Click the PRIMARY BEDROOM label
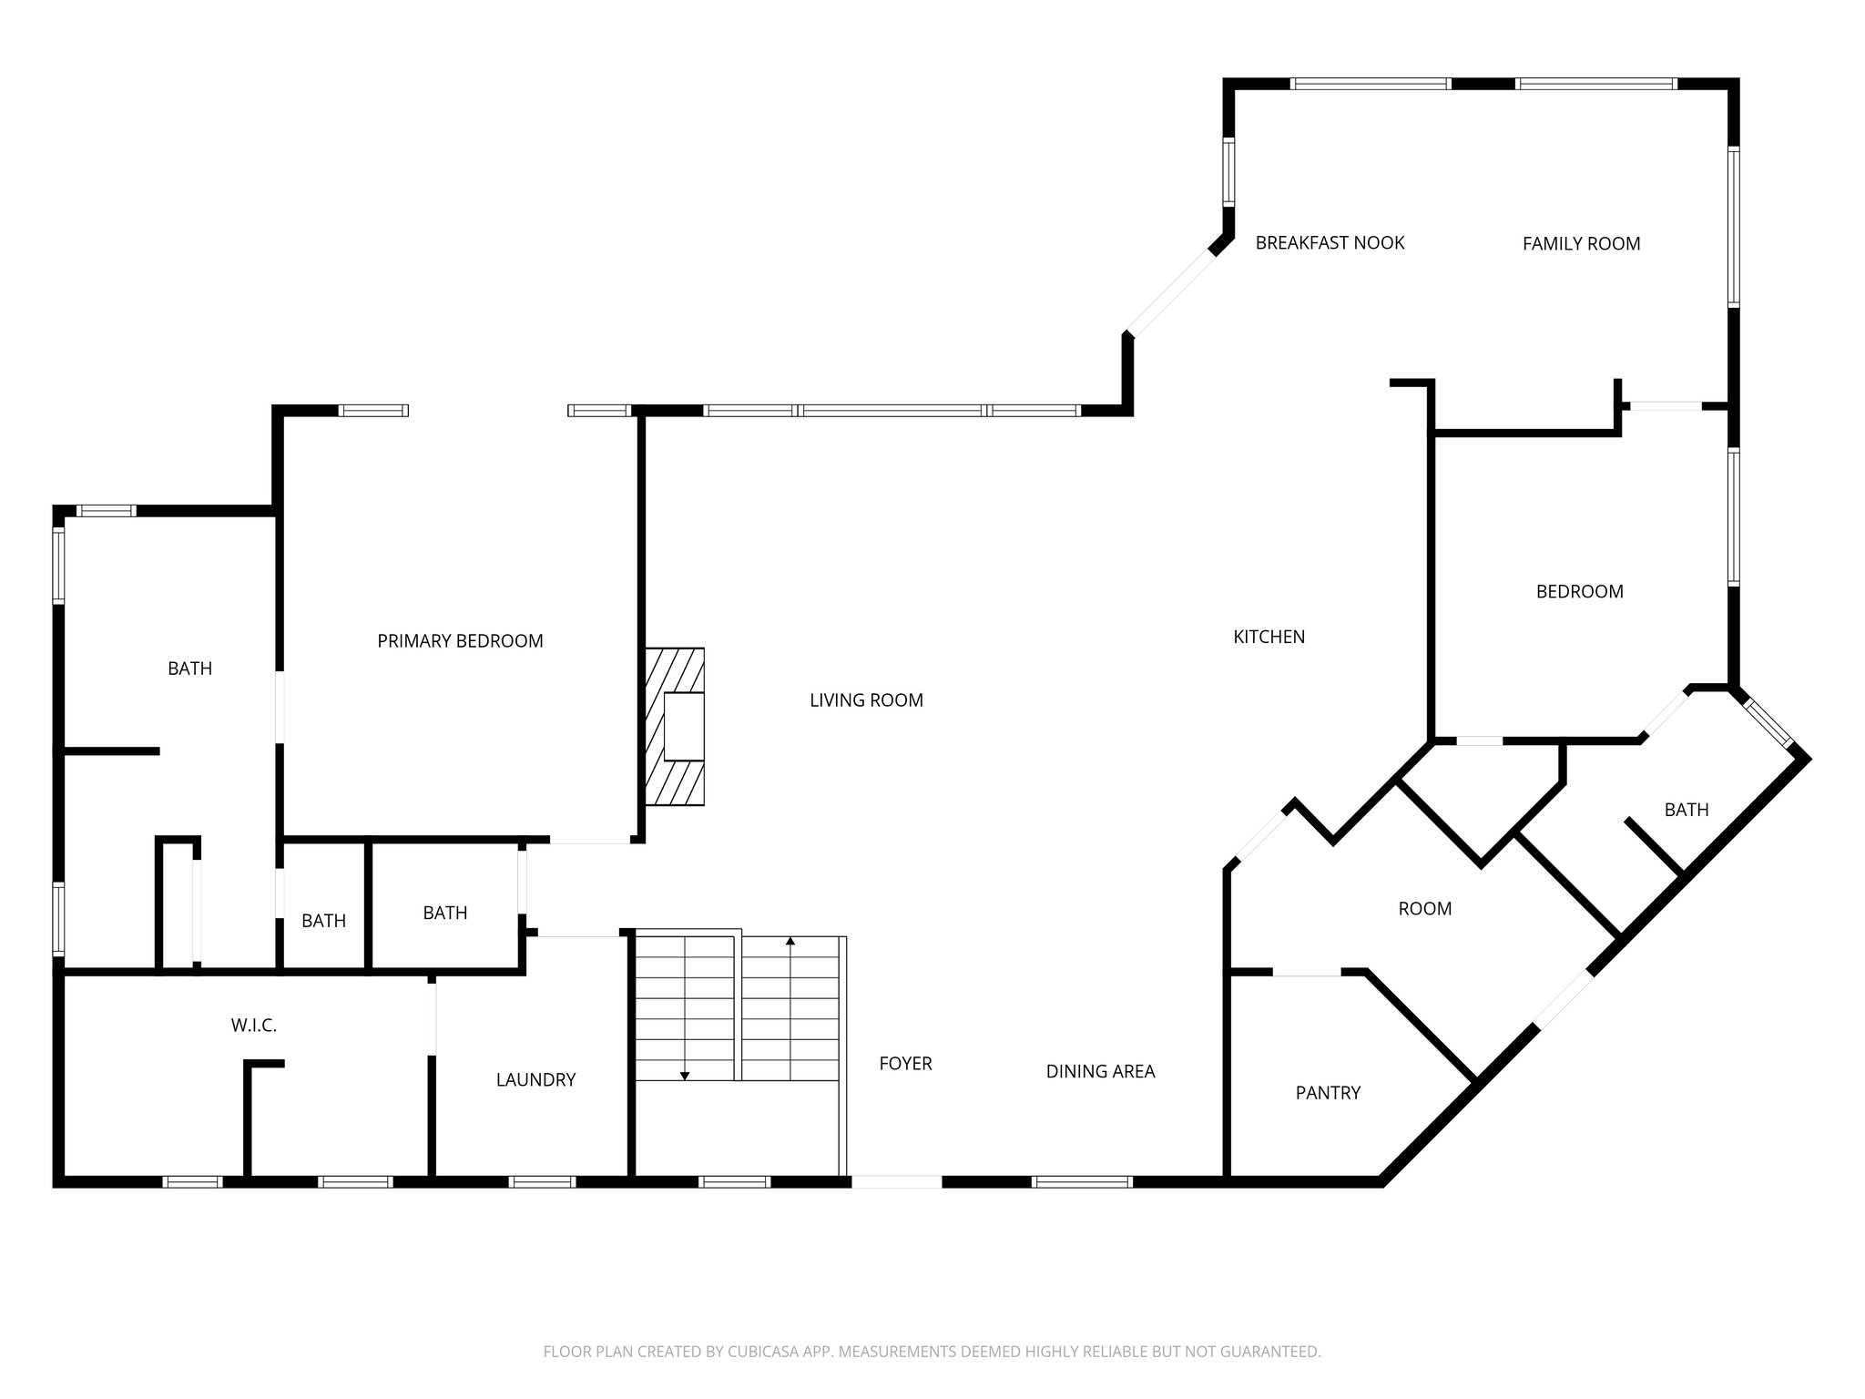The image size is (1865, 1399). [460, 641]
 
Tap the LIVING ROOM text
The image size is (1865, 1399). [866, 700]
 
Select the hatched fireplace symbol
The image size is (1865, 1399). [676, 726]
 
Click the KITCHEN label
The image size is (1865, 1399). [1269, 638]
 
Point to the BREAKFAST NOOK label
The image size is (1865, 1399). [1330, 243]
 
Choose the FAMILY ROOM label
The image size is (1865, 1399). [1581, 244]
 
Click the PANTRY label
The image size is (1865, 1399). [1328, 1093]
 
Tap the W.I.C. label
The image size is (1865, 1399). [253, 1026]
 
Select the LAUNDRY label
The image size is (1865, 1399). [535, 1080]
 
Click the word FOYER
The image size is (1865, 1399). [905, 1064]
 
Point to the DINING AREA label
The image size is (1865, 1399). [1100, 1072]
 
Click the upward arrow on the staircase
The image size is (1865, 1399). [790, 942]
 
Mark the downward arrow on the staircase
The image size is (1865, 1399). [685, 1075]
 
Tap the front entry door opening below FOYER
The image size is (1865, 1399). [896, 1182]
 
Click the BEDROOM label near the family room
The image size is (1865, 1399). [1579, 592]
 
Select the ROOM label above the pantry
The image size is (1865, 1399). [1424, 909]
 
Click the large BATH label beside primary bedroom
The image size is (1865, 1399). [189, 669]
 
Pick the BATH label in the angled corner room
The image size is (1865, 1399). [1686, 810]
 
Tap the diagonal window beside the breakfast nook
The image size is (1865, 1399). [1172, 293]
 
